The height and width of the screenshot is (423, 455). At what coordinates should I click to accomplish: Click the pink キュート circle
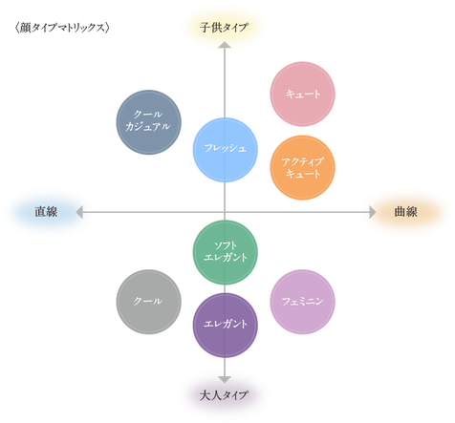click(302, 94)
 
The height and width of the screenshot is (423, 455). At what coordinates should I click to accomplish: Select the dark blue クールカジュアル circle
click(148, 122)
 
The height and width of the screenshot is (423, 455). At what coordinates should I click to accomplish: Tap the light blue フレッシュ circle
click(226, 150)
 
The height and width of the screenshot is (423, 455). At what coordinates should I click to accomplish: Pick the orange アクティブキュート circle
click(302, 167)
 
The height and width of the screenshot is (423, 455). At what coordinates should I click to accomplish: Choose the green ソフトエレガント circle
click(226, 252)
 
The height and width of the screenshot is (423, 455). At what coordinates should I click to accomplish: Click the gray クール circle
click(148, 302)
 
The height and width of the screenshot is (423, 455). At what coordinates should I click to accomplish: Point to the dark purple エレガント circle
click(226, 325)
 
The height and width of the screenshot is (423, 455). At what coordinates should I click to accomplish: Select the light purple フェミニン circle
click(302, 302)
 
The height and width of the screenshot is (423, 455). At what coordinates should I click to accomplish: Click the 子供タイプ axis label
click(224, 28)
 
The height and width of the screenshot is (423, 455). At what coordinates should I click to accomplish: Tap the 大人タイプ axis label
click(224, 395)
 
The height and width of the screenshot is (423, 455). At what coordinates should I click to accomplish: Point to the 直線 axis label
click(46, 212)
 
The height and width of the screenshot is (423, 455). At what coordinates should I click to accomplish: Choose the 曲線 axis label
click(405, 212)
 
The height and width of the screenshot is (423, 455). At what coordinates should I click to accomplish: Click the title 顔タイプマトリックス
click(62, 28)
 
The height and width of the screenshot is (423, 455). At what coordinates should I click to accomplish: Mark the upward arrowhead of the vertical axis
click(225, 45)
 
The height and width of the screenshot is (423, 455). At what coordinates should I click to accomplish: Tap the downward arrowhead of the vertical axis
click(225, 379)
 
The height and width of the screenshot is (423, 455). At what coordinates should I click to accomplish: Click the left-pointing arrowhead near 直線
click(79, 212)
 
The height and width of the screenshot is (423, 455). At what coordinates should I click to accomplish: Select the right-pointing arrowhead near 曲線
click(373, 212)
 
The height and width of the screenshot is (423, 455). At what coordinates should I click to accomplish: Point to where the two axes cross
click(225, 212)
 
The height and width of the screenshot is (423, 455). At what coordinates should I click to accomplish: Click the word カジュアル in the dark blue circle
click(148, 127)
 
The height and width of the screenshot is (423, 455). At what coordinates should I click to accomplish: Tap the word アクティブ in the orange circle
click(302, 161)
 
